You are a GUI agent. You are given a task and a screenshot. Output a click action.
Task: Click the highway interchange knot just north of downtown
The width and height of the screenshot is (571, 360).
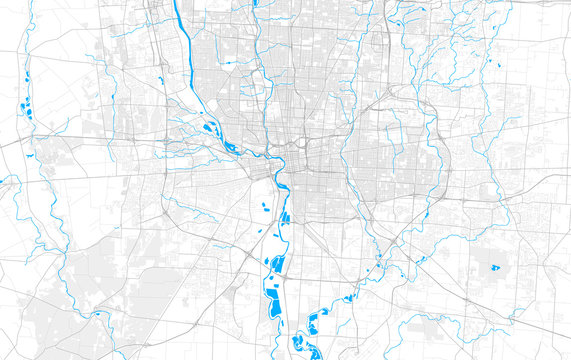[x=297, y=145]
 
